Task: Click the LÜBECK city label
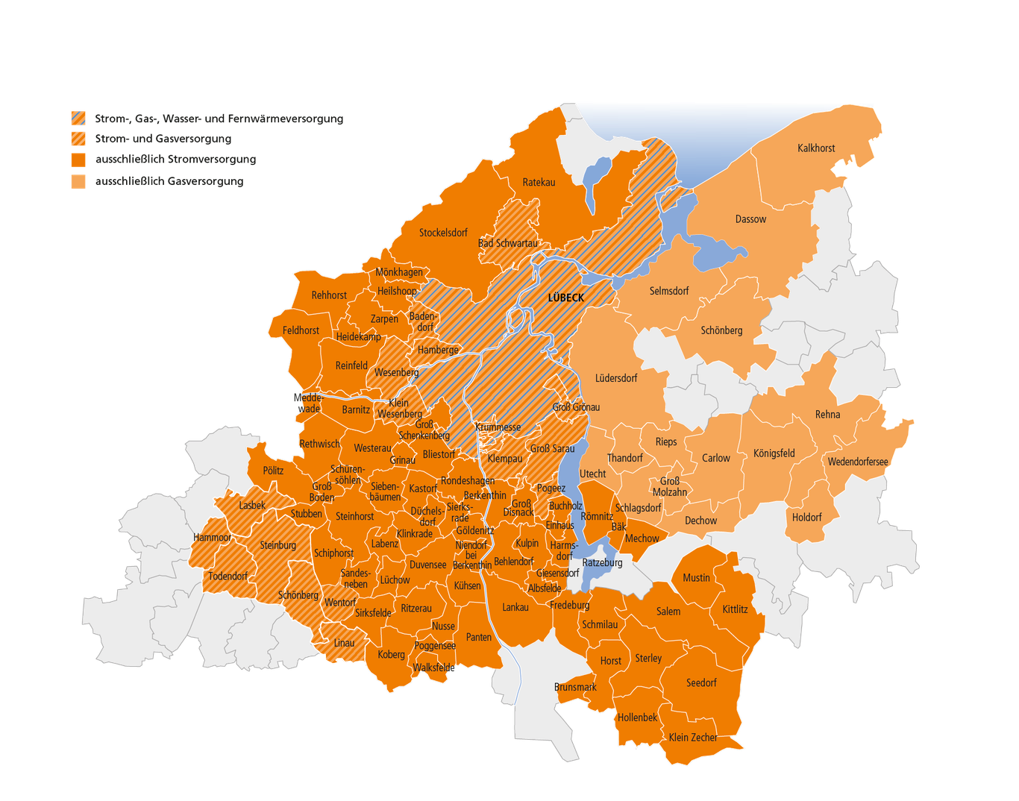pos(566,298)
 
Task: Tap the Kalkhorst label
pos(816,148)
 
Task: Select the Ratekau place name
pos(539,182)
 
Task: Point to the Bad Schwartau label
pos(507,243)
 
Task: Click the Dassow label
pos(750,219)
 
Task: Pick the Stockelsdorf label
pos(443,233)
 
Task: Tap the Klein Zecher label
pos(693,737)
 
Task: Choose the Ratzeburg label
pos(602,562)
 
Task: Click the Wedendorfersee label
pos(858,462)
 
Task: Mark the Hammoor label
pos(213,537)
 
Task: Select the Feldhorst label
pos(301,330)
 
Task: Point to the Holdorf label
pos(806,517)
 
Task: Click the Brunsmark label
pos(575,687)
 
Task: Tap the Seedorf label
pos(701,682)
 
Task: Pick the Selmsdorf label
pos(669,291)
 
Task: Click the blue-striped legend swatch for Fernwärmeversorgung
pos(78,118)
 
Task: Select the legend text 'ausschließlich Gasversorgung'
pos(169,180)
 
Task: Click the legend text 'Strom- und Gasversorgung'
pos(163,139)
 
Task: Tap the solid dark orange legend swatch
pos(78,160)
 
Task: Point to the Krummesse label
pos(498,427)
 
